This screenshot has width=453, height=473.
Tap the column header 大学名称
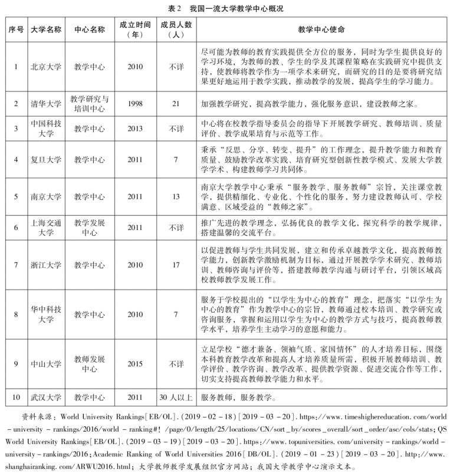[45, 29]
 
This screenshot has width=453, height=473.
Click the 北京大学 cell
[45, 67]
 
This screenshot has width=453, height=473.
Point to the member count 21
[176, 104]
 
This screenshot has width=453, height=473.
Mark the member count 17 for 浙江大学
[176, 265]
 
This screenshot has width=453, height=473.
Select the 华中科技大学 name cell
[45, 314]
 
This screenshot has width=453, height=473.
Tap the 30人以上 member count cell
[176, 397]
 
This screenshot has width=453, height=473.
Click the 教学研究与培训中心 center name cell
[89, 104]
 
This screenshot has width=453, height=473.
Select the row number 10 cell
[15, 397]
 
